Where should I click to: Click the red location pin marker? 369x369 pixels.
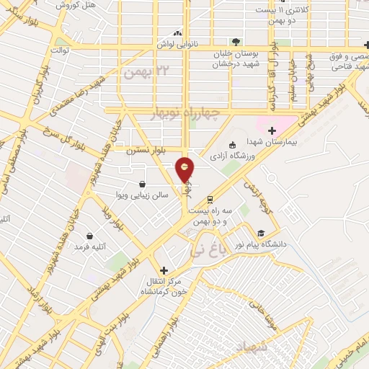pyautogui.click(x=184, y=170)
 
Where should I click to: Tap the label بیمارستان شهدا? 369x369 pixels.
pyautogui.click(x=244, y=142)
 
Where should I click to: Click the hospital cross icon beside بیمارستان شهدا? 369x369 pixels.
pyautogui.click(x=272, y=130)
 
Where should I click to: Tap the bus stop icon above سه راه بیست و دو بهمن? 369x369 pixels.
pyautogui.click(x=210, y=199)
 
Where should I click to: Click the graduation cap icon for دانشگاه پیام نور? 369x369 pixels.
pyautogui.click(x=260, y=233)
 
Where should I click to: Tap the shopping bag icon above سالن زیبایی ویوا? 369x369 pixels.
pyautogui.click(x=141, y=184)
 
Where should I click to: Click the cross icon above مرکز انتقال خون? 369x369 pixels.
pyautogui.click(x=164, y=269)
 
